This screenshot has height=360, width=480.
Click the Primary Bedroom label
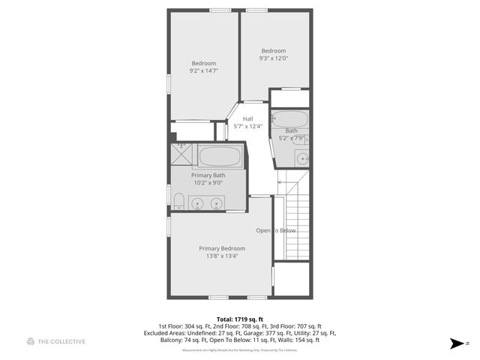pos(222,248)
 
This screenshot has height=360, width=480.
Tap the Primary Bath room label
pos(208,175)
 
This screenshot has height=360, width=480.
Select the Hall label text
pos(247,118)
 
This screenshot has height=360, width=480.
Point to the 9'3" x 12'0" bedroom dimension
pos(274,58)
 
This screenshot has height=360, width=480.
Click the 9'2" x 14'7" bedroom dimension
pos(203,70)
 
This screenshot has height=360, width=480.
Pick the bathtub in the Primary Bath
pos(220,157)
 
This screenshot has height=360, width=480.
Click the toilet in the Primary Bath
pos(178,200)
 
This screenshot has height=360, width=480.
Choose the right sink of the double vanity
pos(217,202)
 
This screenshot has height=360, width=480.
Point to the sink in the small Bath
pos(300,157)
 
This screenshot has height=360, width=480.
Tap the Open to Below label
pos(276,230)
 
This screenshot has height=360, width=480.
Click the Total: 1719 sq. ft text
pos(240,318)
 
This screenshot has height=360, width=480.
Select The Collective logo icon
pos(31,342)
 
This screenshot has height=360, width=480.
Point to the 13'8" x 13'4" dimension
pos(222,256)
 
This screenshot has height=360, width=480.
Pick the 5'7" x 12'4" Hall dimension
pos(247,127)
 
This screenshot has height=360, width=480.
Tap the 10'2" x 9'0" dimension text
pos(208,183)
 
